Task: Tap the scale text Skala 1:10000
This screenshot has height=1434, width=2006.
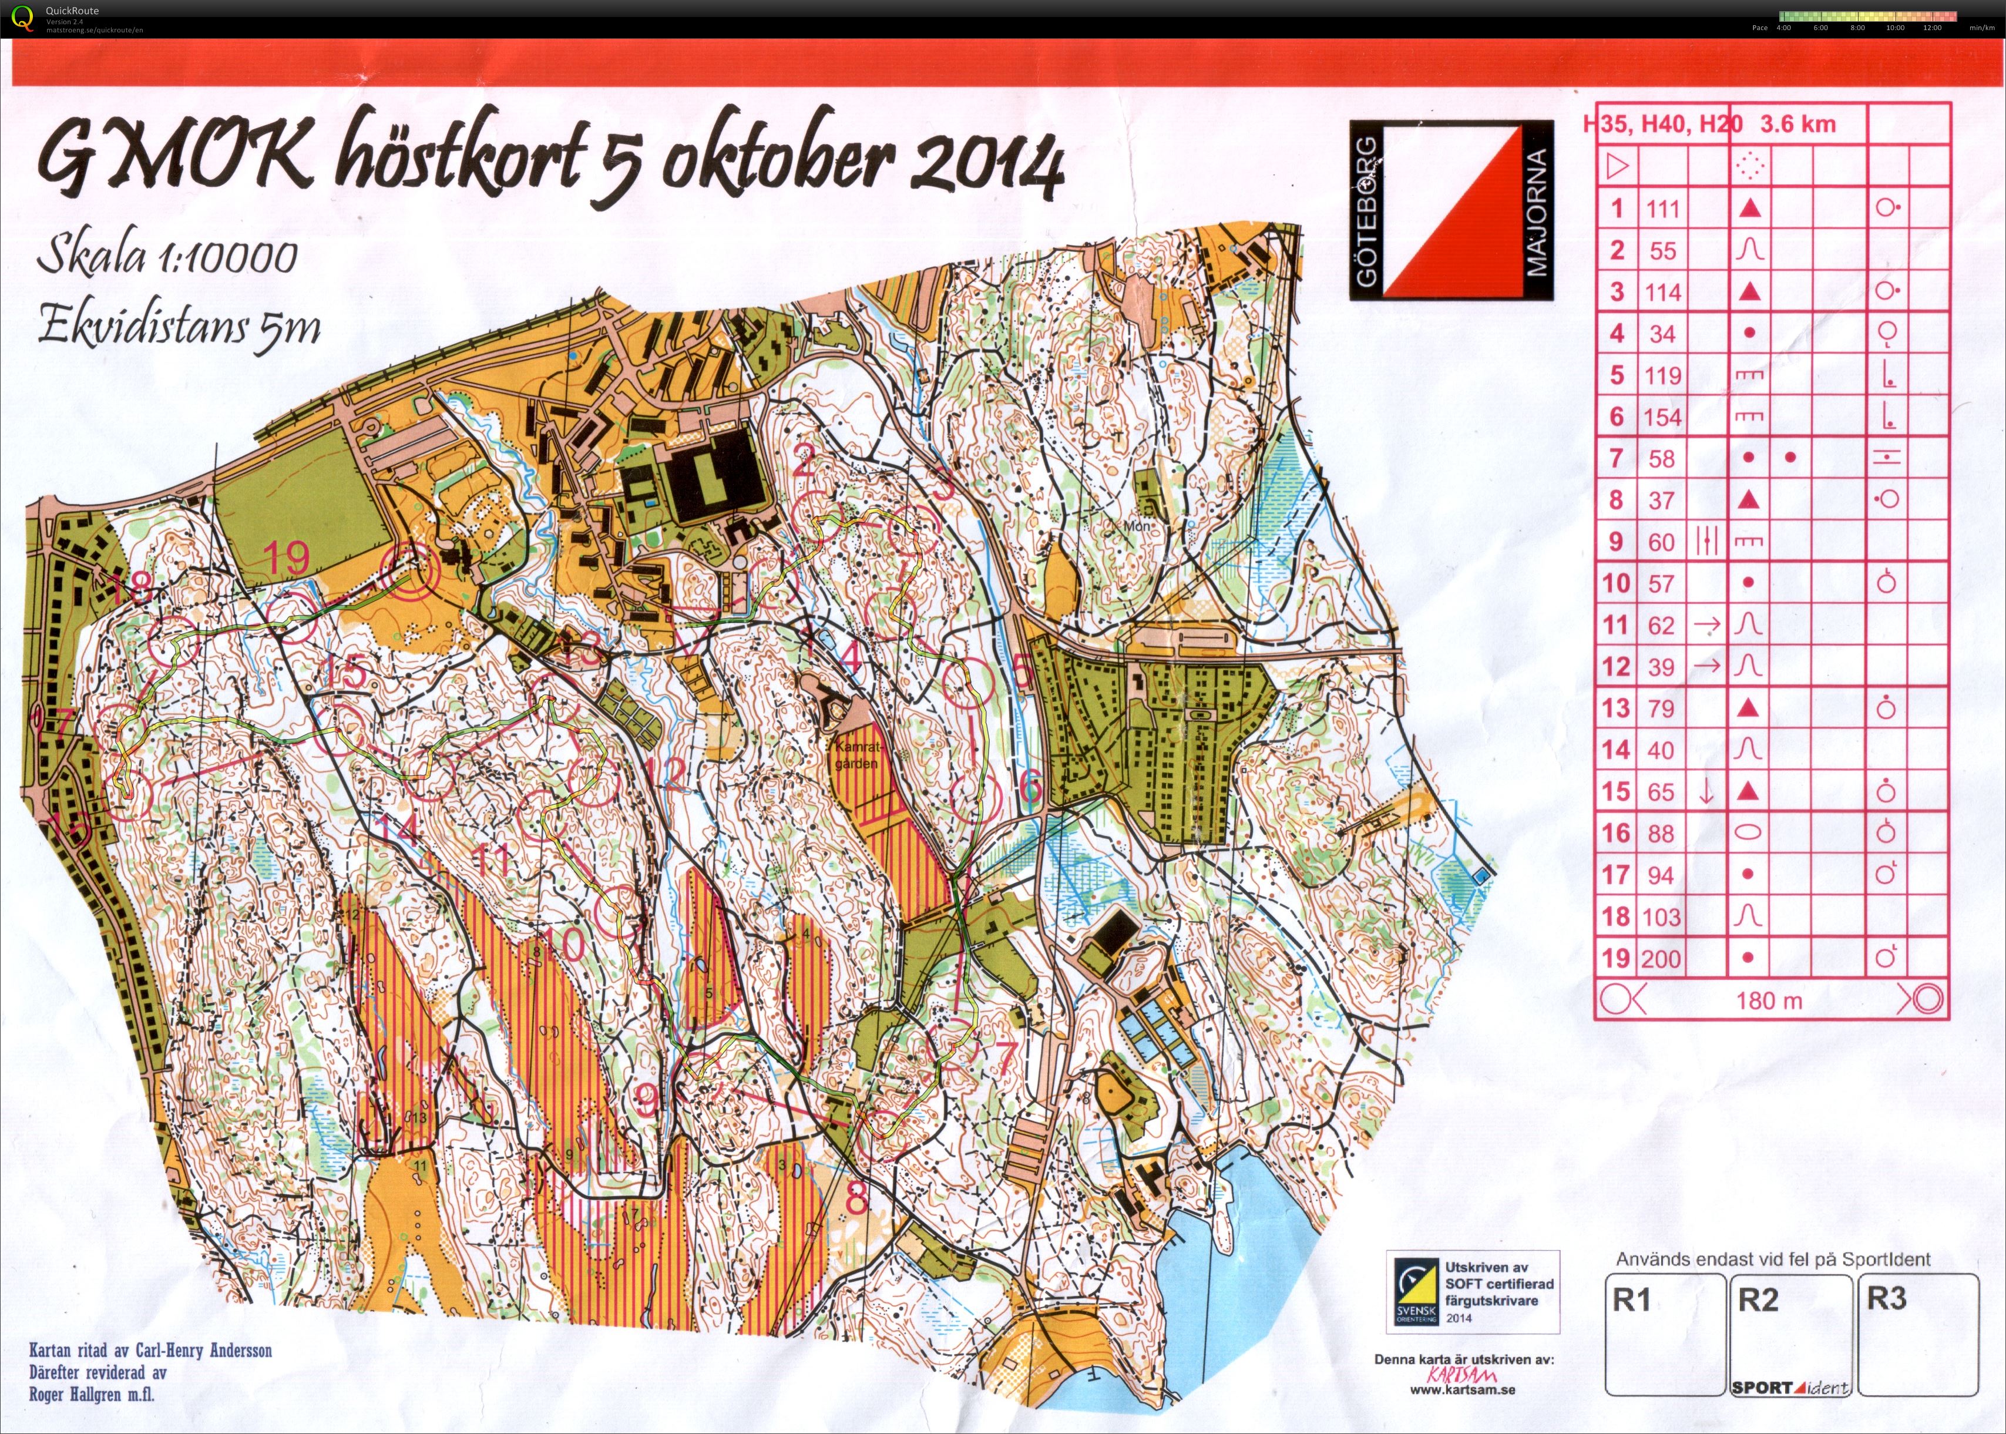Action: pos(167,257)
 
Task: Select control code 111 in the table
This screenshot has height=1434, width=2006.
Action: pos(1662,209)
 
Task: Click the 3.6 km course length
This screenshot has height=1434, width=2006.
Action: pos(1797,123)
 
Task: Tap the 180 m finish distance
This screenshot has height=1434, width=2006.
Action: pos(1769,1000)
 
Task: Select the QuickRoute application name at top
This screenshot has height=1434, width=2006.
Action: pos(72,11)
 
